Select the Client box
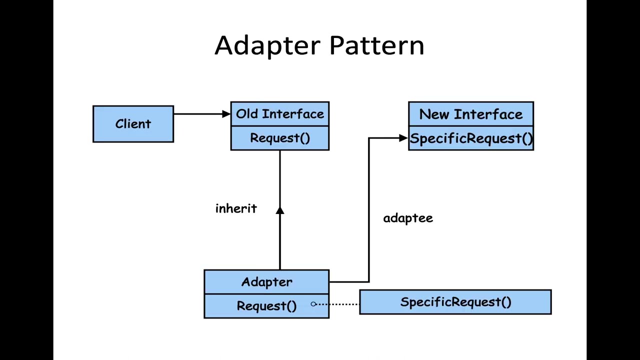(133, 124)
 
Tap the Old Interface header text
(279, 114)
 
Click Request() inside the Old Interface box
(279, 138)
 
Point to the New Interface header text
(470, 114)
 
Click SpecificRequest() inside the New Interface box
(470, 138)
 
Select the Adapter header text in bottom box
(266, 282)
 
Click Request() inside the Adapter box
(266, 306)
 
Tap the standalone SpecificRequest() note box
(455, 302)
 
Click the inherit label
(236, 208)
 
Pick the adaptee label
(408, 218)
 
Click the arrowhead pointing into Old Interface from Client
(226, 114)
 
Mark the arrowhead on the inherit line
(279, 210)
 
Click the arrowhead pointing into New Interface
(403, 138)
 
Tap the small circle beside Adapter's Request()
(313, 304)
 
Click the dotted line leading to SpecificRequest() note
(337, 304)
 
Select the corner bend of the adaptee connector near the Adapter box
(369, 282)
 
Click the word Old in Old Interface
(246, 114)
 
